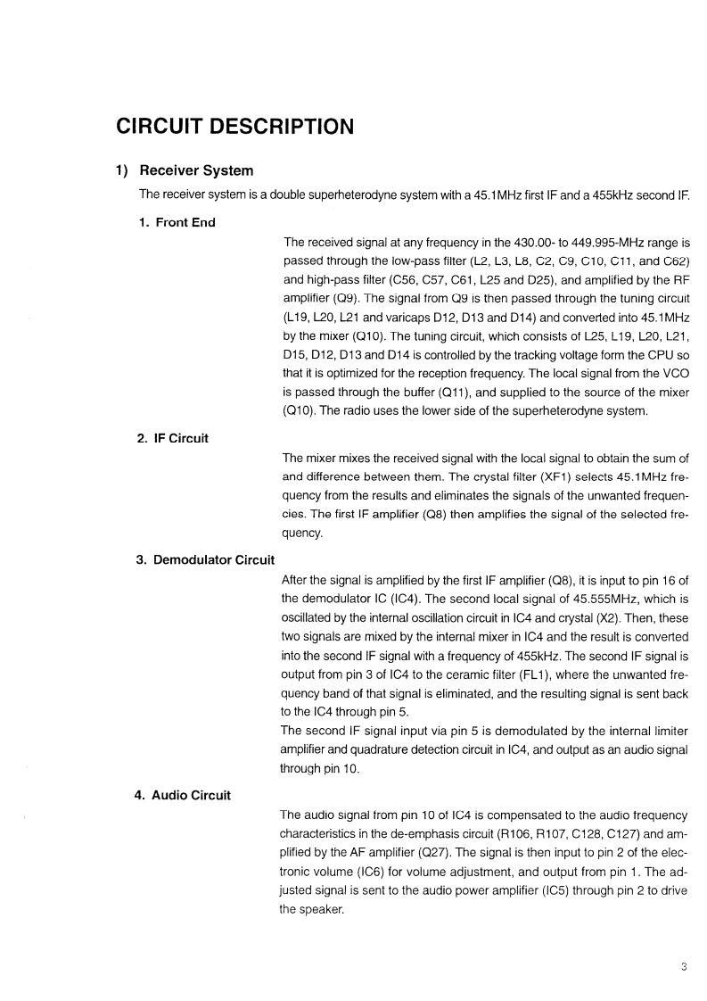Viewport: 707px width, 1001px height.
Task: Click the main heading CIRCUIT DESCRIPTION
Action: point(235,127)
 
